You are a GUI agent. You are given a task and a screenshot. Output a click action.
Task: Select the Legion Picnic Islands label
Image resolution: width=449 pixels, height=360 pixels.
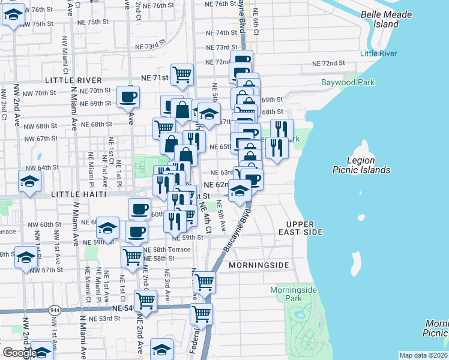(361, 165)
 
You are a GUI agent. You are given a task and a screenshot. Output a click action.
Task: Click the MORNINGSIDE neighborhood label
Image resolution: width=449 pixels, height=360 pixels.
(259, 265)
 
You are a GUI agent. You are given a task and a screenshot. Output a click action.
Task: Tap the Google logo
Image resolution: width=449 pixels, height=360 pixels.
(20, 353)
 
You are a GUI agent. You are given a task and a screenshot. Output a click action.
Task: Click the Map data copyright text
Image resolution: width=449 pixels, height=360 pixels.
(424, 355)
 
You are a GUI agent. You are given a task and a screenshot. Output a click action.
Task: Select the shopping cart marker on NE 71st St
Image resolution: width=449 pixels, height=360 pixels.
(182, 74)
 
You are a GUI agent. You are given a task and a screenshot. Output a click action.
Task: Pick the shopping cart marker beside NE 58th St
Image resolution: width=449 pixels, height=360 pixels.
(133, 256)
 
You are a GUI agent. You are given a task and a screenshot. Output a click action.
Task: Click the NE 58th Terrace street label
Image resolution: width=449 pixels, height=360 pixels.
(170, 250)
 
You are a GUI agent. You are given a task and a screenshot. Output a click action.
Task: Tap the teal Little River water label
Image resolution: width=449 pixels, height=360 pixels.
(378, 53)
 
